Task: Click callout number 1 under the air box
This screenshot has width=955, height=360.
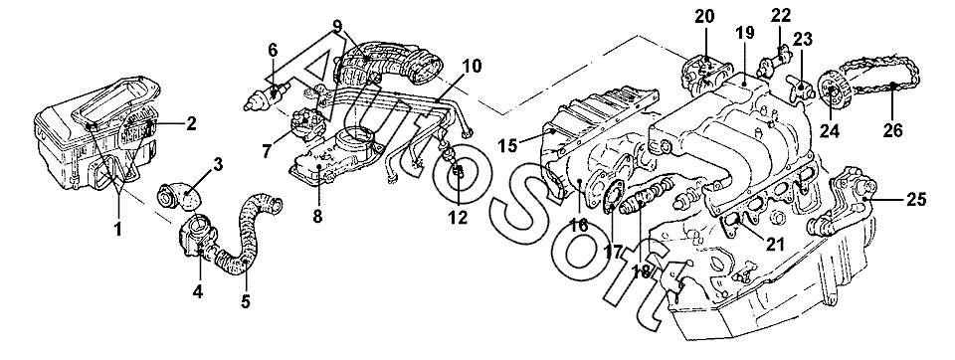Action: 118,230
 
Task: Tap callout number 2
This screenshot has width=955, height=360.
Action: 191,124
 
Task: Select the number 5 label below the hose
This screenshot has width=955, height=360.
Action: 246,301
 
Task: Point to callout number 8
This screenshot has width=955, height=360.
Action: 317,216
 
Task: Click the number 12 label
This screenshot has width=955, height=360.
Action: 458,217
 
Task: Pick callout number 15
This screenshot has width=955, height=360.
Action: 507,145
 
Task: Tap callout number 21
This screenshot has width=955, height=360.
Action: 774,245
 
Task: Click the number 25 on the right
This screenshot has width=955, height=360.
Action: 916,199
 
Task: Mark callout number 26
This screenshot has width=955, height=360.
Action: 893,130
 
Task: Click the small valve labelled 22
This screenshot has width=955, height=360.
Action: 774,61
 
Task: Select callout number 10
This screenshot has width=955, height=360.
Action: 472,66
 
